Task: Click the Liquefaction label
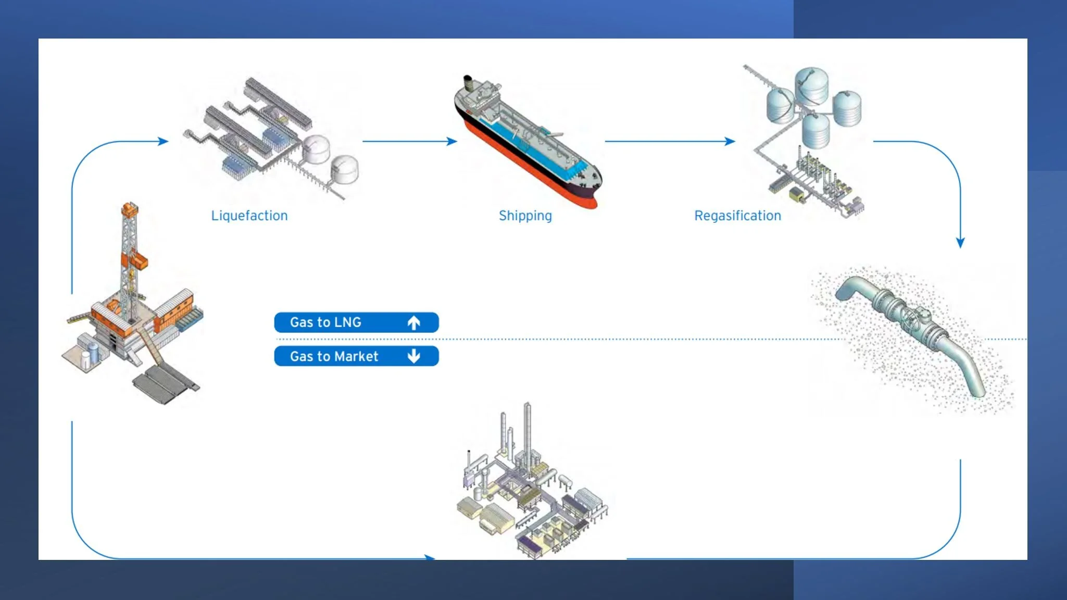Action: click(x=249, y=216)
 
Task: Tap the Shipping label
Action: click(x=525, y=216)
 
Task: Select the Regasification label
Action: click(x=737, y=216)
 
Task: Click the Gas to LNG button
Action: click(x=356, y=322)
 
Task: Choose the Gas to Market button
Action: click(x=356, y=356)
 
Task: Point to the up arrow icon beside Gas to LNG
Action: click(x=414, y=323)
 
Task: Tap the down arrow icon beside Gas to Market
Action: click(x=414, y=356)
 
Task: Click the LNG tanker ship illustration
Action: click(x=526, y=141)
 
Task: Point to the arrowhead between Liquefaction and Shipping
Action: click(x=452, y=141)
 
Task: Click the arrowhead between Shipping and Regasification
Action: click(x=730, y=141)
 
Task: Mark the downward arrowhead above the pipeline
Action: click(x=960, y=243)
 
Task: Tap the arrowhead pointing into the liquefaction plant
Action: click(x=164, y=141)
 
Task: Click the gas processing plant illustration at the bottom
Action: click(x=531, y=490)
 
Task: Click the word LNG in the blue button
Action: click(x=348, y=322)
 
